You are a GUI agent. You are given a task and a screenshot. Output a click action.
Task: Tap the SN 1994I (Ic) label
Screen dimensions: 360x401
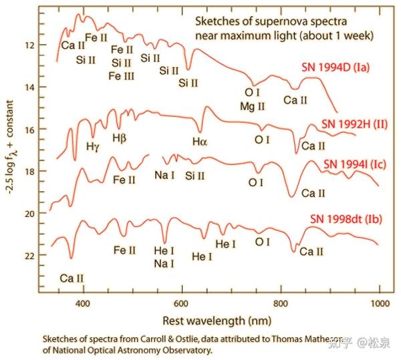pyautogui.click(x=354, y=164)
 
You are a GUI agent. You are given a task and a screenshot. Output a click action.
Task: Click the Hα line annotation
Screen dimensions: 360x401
pyautogui.click(x=200, y=141)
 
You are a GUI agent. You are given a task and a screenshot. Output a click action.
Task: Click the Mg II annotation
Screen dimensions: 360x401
pyautogui.click(x=253, y=106)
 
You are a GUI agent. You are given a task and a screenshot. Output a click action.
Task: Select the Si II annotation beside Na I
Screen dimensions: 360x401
pyautogui.click(x=195, y=176)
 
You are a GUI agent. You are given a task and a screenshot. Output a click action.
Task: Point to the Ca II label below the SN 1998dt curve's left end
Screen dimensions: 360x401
pyautogui.click(x=72, y=277)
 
